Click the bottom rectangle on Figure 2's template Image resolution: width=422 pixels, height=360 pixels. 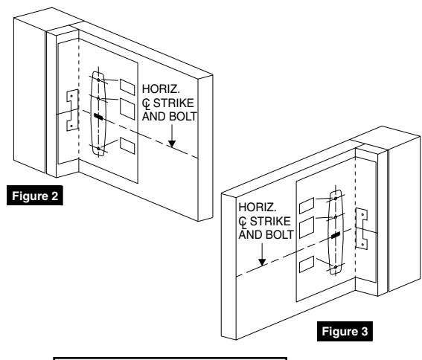click(x=127, y=144)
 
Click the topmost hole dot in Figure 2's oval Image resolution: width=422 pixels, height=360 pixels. click(x=98, y=80)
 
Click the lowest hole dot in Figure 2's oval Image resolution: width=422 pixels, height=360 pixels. click(x=98, y=149)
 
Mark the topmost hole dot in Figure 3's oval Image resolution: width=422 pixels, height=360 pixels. click(x=336, y=199)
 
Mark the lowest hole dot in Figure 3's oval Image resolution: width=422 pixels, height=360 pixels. click(x=336, y=266)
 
